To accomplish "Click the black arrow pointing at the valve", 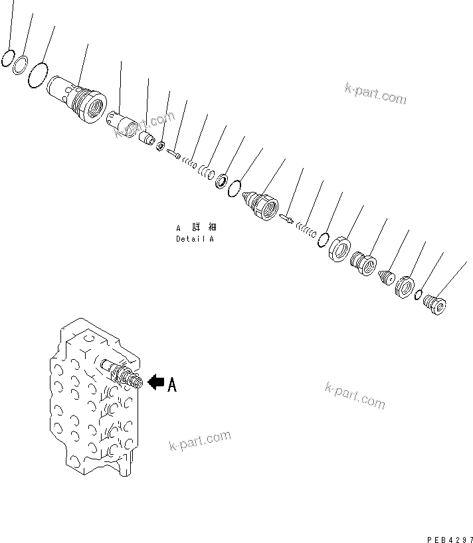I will [155, 382].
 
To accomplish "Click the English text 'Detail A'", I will [195, 239].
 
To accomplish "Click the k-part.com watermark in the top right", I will [375, 94].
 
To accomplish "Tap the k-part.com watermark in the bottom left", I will [200, 440].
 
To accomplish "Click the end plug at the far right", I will [434, 305].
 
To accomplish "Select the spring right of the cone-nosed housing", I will [306, 229].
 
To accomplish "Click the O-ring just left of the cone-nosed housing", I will [235, 190].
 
